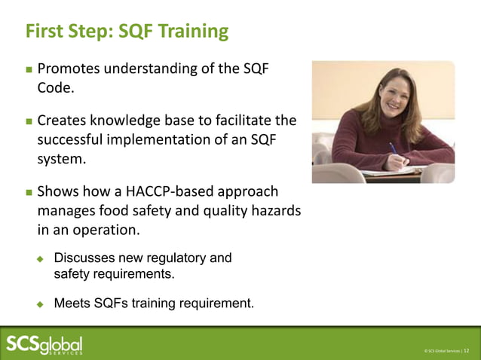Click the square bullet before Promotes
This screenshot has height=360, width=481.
29,69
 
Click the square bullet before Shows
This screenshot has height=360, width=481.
29,191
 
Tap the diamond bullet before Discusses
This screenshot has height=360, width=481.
42,259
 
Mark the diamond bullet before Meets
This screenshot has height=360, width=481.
42,304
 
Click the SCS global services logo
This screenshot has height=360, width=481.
44,343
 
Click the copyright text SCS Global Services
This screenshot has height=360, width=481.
441,350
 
